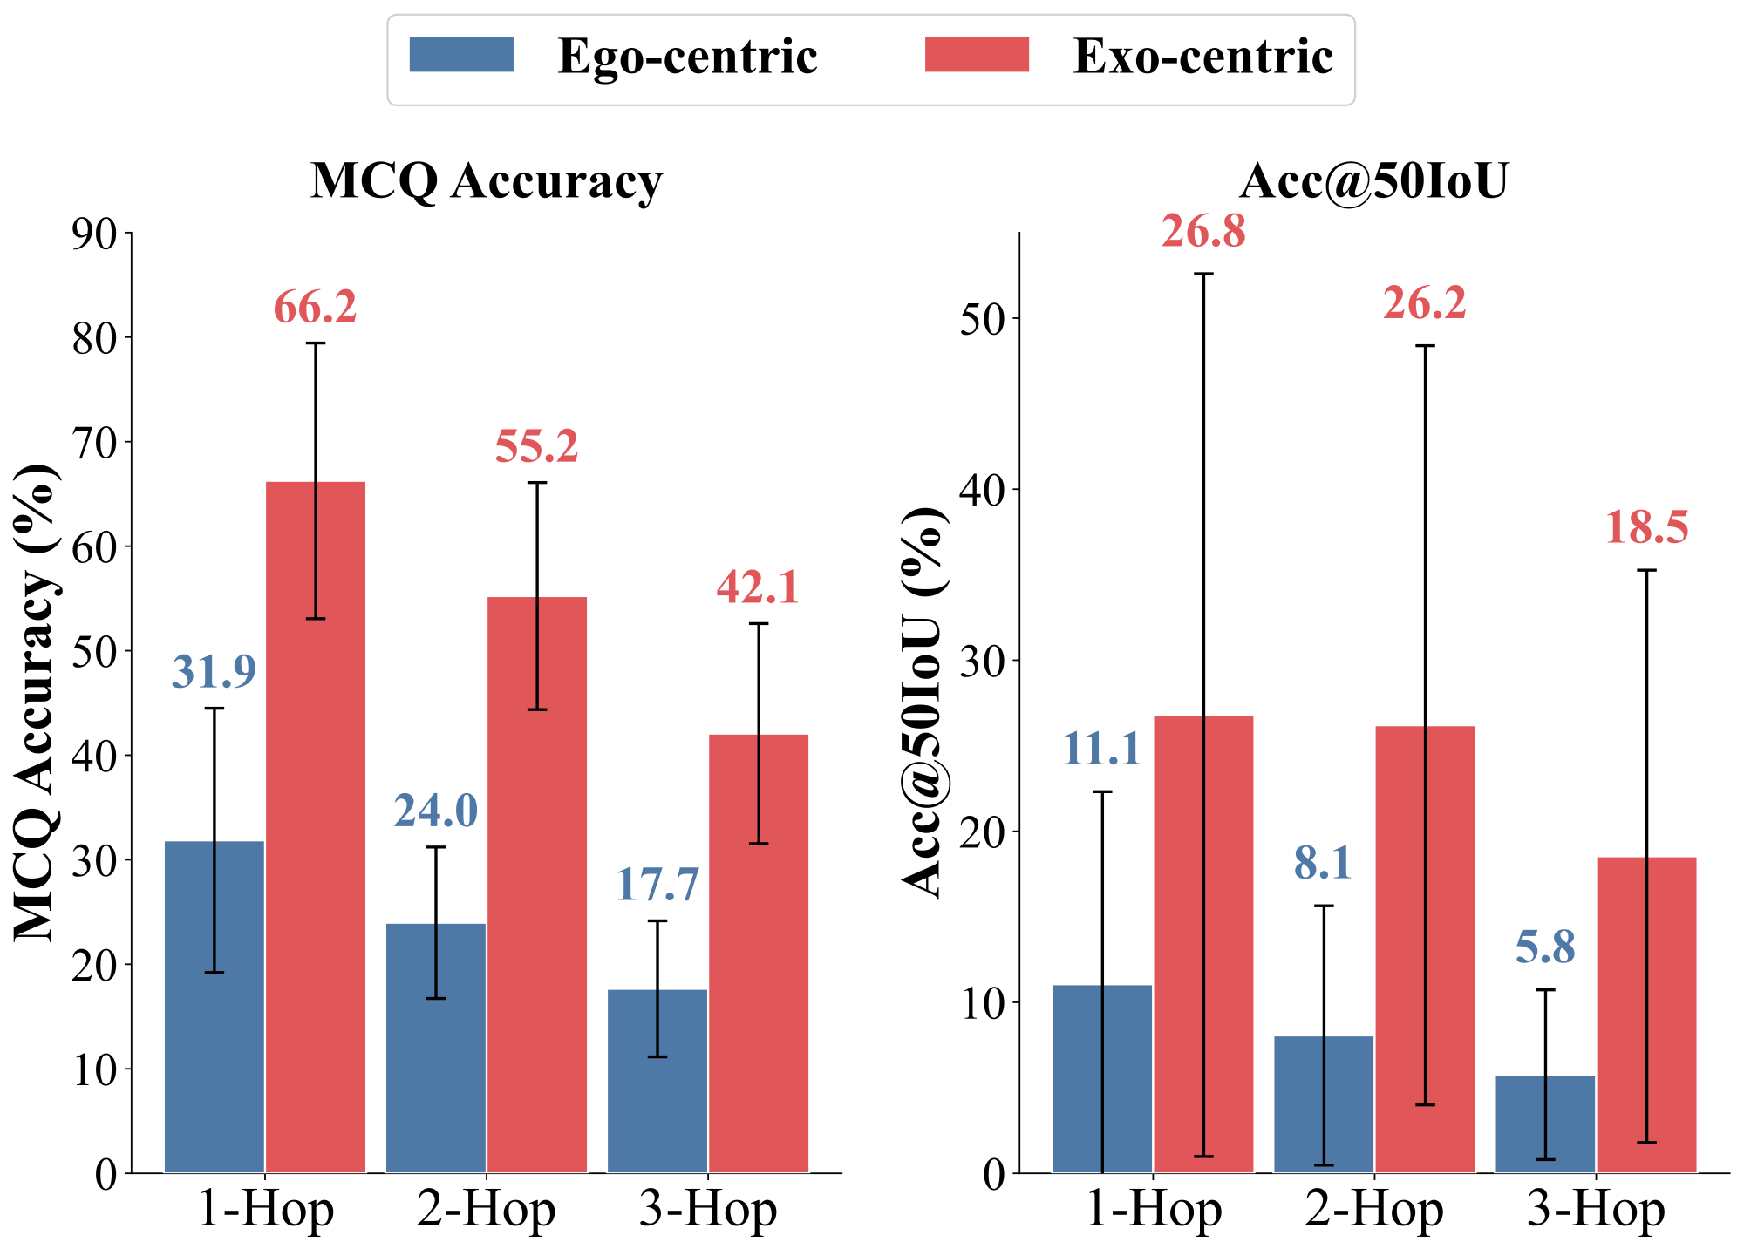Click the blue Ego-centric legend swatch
461,54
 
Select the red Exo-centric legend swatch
977,54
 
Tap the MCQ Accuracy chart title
487,181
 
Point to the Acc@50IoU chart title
1373,181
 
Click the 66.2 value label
315,308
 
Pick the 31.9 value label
214,671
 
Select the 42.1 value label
758,587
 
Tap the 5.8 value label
1545,947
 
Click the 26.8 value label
1203,232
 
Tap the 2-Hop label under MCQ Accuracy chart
486,1210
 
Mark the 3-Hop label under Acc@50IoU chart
1596,1210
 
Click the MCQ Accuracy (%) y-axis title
37,703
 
